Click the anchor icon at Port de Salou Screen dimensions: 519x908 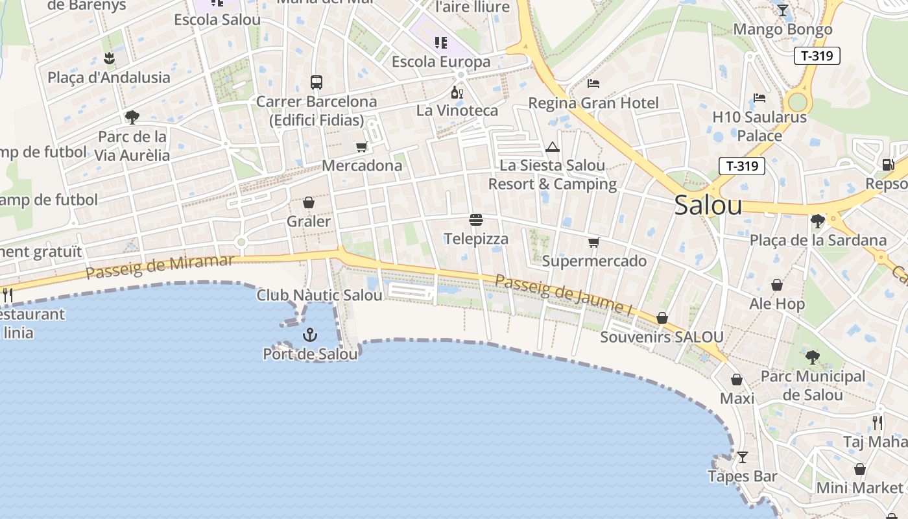pos(310,335)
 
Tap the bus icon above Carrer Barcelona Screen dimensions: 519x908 pos(317,82)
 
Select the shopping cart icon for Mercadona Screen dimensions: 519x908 pos(362,147)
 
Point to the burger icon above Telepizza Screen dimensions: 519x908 pos(476,220)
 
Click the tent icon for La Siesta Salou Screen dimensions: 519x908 pos(552,147)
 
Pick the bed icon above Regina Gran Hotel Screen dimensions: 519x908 pos(593,83)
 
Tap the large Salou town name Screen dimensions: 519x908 pos(708,205)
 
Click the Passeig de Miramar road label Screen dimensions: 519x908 pos(160,267)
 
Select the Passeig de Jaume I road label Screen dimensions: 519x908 pos(564,295)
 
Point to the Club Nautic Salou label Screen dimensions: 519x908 pos(319,295)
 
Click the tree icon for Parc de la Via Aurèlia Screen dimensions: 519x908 pos(132,117)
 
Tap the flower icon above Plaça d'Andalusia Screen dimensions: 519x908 pos(109,58)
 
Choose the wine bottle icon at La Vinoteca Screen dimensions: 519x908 pos(457,92)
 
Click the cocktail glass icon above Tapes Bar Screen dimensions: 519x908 pos(743,457)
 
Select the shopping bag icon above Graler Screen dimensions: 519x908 pos(309,202)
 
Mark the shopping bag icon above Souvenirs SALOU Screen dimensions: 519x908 pos(662,318)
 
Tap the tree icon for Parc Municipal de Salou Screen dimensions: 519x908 pos(812,357)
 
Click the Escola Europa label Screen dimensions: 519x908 pos(441,62)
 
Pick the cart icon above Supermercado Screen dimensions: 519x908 pos(593,243)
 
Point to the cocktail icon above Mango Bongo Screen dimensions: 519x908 pos(783,10)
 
